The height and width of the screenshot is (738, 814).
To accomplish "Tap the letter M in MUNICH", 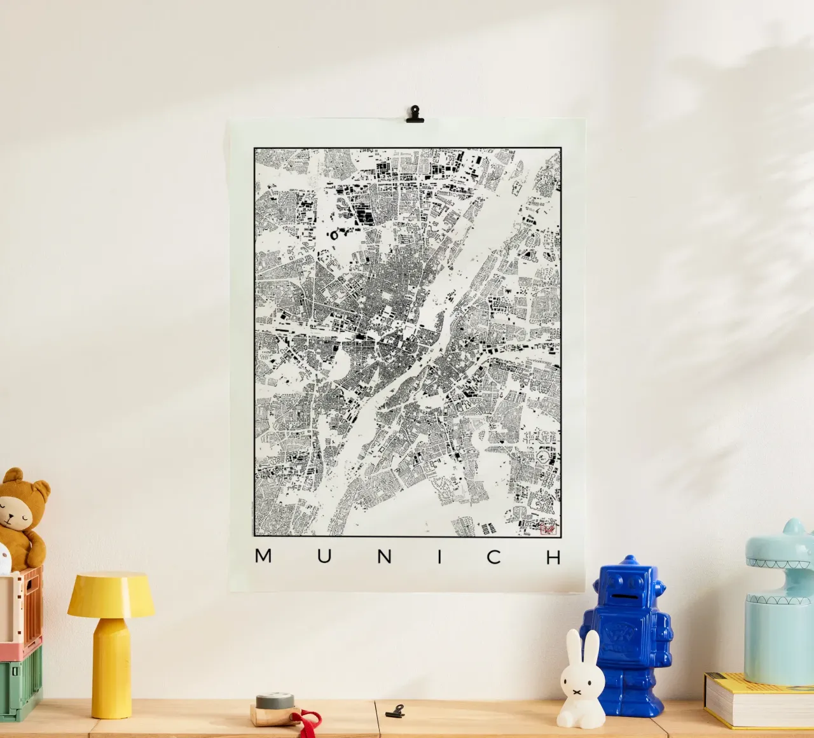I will [263, 556].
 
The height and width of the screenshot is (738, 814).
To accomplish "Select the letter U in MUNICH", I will [324, 556].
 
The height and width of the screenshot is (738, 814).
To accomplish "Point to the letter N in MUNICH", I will [384, 556].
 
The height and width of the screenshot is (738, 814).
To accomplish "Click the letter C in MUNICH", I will [493, 556].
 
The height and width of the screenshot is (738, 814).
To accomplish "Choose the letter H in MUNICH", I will [554, 556].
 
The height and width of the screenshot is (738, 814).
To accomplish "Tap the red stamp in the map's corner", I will [547, 527].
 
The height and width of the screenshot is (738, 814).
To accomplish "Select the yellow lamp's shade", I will [111, 594].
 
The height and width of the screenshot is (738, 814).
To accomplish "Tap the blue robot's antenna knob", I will [630, 559].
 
